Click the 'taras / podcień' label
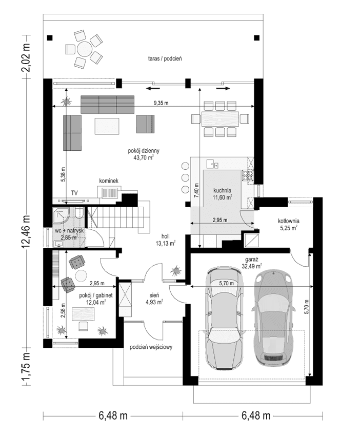164,59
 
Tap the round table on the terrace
84,49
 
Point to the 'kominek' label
109,181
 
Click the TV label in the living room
74,192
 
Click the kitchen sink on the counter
212,164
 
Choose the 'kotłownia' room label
288,222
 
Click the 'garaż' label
251,259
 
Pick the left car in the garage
223,318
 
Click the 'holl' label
166,237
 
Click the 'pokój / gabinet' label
92,296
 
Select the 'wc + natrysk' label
69,231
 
